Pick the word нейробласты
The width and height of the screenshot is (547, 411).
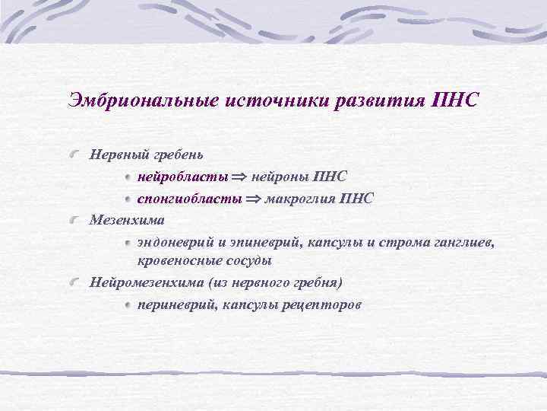click(182, 177)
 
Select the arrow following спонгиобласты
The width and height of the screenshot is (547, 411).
click(251, 199)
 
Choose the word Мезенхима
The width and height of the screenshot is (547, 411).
click(125, 221)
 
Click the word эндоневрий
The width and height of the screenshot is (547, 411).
click(174, 243)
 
